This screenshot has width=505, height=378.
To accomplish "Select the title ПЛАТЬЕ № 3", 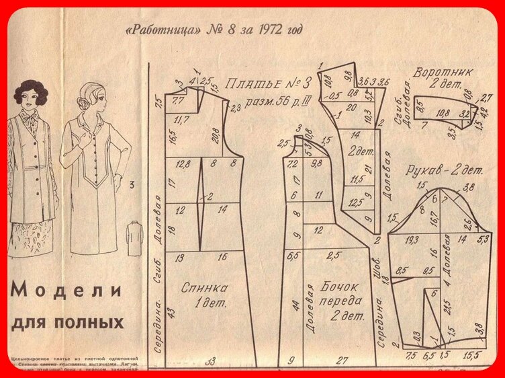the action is tap(268, 84).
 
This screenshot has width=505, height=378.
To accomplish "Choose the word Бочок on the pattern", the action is tap(341, 287).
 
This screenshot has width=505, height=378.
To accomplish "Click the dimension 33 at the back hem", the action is tap(210, 361).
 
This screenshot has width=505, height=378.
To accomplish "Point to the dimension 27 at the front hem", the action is tap(342, 361).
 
